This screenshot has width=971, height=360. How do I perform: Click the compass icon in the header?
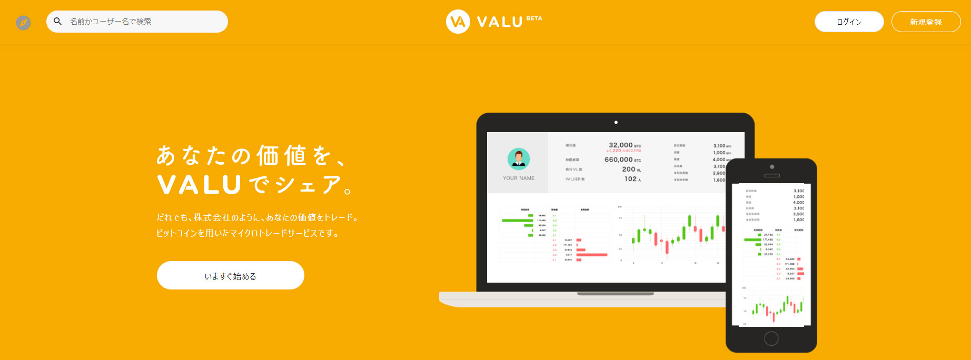coord(23,23)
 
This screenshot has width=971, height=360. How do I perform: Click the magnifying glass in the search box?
coord(58,22)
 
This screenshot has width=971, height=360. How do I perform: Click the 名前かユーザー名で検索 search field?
coord(142,22)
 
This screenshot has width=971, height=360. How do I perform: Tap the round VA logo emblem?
coord(458,22)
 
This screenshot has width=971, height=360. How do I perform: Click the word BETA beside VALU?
coord(534,18)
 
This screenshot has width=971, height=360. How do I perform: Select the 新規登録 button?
coord(926,22)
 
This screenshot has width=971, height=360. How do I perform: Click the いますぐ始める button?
coord(230,275)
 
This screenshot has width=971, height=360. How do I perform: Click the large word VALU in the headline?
coord(199,185)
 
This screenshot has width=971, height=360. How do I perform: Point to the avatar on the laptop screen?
coord(519,158)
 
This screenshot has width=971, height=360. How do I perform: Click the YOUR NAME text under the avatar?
coord(519,178)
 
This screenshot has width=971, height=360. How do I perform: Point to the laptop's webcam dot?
coord(616,122)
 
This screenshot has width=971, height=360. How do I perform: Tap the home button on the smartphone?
coord(771,338)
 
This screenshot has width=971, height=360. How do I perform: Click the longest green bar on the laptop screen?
coord(518,221)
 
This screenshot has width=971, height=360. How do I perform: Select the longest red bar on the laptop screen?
coord(592,255)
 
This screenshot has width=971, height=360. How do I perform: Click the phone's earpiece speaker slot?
coord(771,175)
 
